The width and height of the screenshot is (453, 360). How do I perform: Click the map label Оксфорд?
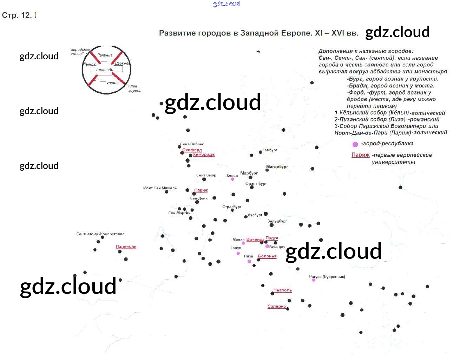pos(192,150)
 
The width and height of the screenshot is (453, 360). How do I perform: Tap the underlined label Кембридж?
pos(204,155)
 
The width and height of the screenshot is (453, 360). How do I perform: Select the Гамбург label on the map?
pos(270,150)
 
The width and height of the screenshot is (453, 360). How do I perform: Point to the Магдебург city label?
pos(277,166)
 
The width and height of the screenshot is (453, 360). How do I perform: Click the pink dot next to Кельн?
pos(232,179)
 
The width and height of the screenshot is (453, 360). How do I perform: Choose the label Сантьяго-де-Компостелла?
pos(100,234)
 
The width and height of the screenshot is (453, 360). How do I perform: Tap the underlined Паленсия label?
pos(126,247)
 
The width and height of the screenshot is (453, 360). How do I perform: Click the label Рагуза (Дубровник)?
pos(327,277)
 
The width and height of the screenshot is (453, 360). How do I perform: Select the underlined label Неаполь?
pos(283,290)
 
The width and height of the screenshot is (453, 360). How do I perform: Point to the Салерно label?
pos(277,306)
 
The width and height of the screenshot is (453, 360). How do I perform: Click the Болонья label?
pos(267,256)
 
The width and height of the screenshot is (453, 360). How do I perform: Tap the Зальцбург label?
pos(277,221)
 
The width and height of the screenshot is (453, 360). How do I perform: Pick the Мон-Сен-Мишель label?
pos(160,188)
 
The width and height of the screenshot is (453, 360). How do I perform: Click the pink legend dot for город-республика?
pos(355,144)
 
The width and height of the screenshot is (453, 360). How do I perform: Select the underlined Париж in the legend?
pos(361,155)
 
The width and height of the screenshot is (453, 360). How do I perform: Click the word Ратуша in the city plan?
pos(105,55)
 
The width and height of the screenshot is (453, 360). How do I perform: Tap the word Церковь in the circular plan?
pos(122,64)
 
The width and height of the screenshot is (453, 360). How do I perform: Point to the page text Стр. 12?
pos(17,15)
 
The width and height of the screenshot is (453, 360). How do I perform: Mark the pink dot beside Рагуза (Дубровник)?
pos(314,280)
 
